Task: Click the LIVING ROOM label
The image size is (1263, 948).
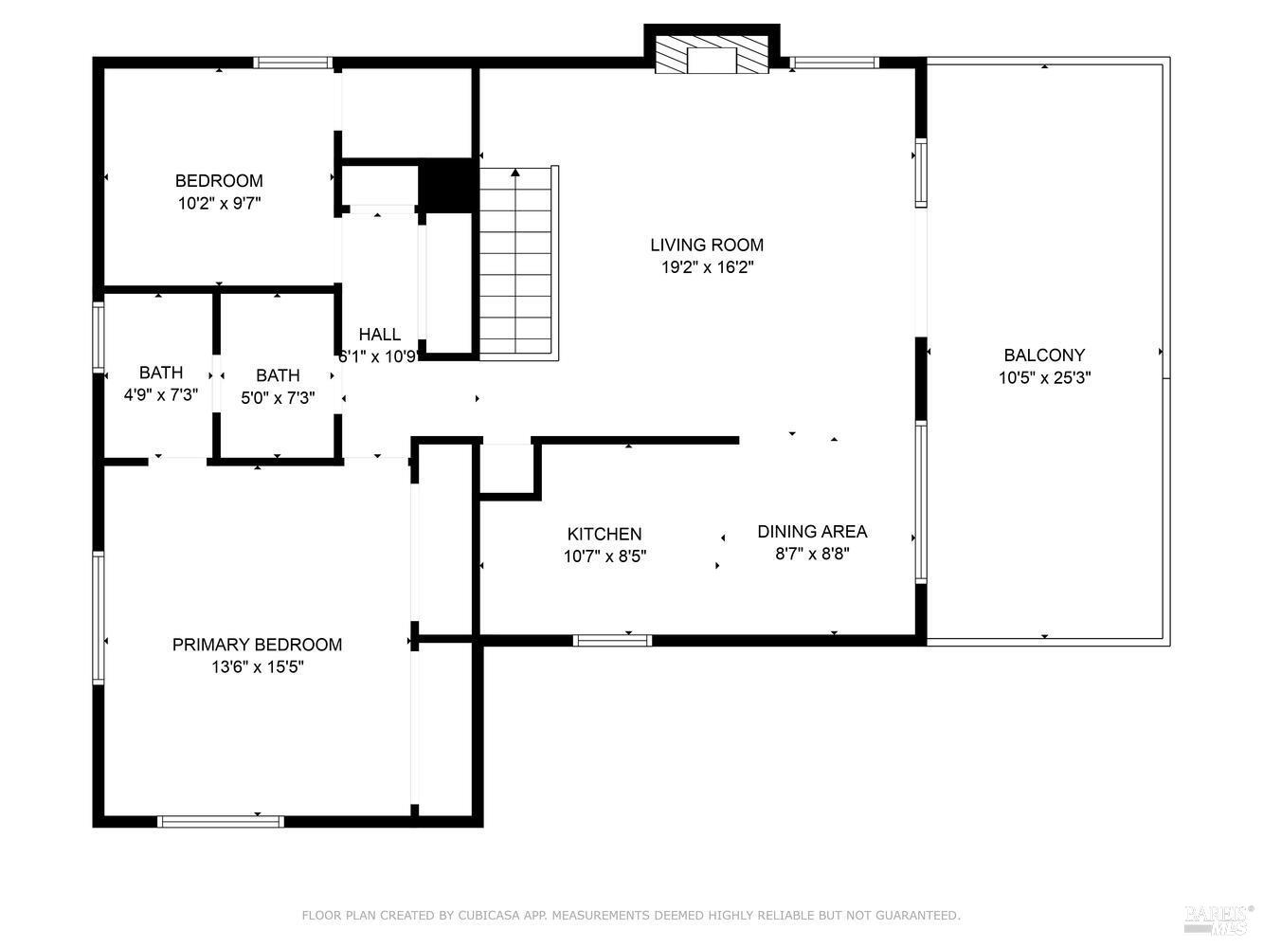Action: (706, 245)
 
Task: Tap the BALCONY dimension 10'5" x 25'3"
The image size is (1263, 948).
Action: (1044, 377)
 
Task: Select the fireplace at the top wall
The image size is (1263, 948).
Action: (712, 56)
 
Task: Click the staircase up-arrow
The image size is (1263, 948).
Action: (515, 173)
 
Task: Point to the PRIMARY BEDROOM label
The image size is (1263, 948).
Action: (257, 645)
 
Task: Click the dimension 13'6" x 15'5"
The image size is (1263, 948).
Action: (257, 667)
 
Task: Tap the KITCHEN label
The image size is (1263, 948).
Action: (604, 535)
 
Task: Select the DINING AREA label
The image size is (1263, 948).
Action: (812, 532)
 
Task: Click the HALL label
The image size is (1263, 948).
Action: (379, 335)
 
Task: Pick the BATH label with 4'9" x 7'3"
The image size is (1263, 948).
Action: (161, 373)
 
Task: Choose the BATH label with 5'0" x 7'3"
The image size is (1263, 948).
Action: (278, 375)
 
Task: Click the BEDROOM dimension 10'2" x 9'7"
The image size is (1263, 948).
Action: (219, 203)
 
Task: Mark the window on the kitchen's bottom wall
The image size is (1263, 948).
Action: (613, 641)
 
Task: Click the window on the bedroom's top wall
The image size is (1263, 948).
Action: (293, 64)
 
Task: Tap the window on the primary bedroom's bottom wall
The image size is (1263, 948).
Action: (220, 821)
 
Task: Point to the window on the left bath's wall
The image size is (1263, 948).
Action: (98, 337)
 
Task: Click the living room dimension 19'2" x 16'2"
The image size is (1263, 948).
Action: (707, 267)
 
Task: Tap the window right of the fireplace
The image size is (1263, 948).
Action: (834, 64)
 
